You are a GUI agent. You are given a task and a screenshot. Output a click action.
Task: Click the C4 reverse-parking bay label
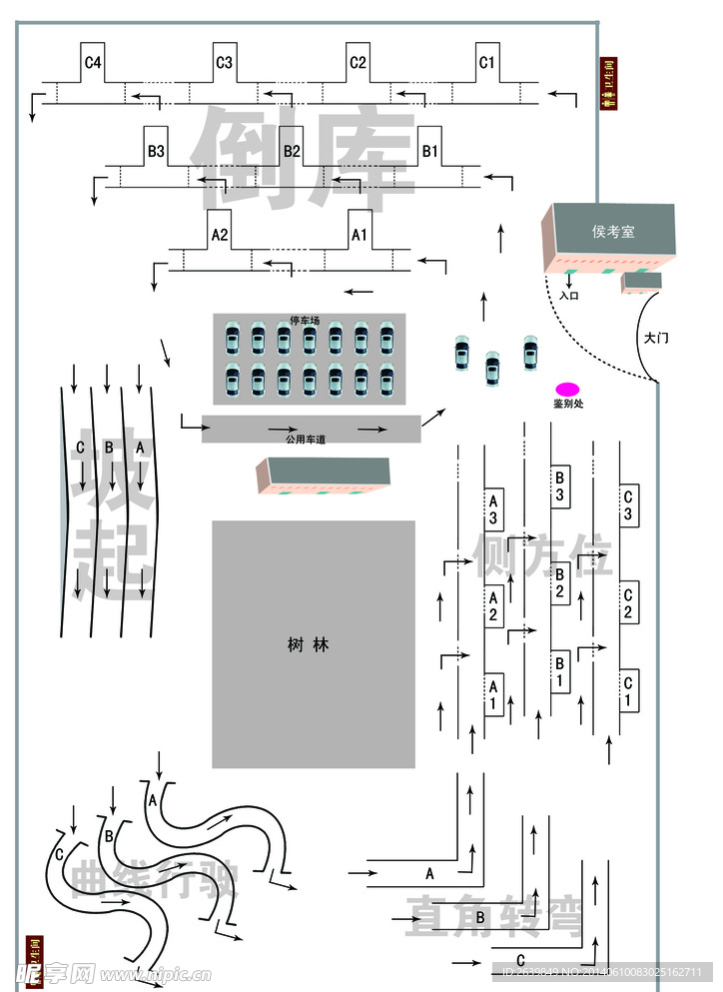click(93, 63)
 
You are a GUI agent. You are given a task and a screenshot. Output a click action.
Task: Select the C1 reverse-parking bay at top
click(486, 63)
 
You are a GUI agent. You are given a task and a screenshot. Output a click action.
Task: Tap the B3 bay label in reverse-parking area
click(156, 152)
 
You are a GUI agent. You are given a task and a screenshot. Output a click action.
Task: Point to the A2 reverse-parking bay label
click(220, 236)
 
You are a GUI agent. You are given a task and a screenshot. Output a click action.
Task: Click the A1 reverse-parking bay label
click(360, 236)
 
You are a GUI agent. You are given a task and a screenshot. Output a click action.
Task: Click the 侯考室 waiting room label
click(613, 232)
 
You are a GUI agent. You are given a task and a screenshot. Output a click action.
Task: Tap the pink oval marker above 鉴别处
click(567, 389)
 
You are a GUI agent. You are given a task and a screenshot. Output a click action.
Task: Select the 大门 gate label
click(656, 338)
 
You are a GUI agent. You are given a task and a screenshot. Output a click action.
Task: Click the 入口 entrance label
click(569, 296)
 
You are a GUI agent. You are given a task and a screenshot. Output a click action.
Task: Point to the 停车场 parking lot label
click(305, 321)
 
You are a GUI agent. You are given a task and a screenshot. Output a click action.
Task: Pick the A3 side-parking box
click(493, 508)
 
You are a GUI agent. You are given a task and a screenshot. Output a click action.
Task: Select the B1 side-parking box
click(560, 671)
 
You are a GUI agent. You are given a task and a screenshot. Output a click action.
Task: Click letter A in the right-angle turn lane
click(430, 873)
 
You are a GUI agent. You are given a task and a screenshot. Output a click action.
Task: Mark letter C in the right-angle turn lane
click(520, 961)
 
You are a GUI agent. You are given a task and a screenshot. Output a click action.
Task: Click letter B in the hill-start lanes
click(108, 448)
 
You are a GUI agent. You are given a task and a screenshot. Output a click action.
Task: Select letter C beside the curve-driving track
click(60, 854)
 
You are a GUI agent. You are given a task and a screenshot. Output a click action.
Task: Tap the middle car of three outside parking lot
click(491, 368)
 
